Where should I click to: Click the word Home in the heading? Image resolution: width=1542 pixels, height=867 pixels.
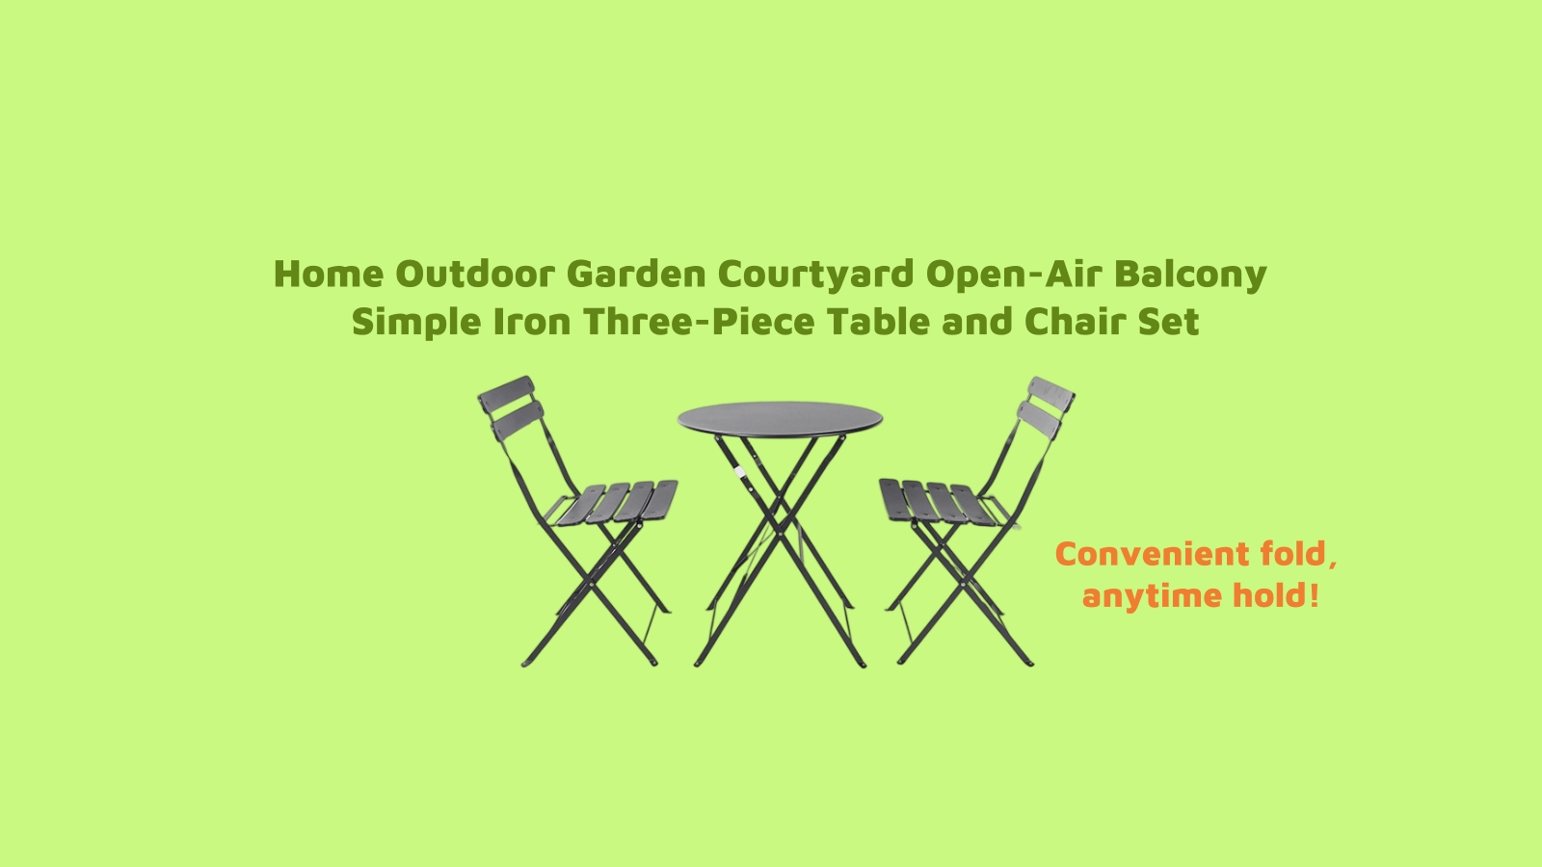[x=329, y=275]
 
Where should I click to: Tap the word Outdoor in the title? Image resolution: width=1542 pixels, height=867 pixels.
[x=475, y=275]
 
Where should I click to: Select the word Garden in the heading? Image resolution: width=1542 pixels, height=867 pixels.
[x=636, y=275]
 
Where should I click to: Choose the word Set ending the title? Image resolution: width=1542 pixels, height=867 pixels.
[x=1168, y=322]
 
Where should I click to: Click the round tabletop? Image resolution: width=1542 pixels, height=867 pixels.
[x=780, y=419]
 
